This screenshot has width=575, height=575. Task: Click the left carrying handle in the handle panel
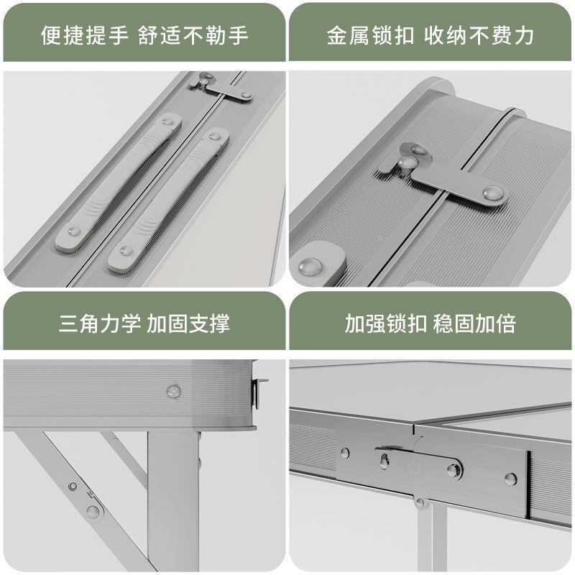(x=119, y=183)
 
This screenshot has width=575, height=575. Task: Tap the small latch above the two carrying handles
(x=220, y=88)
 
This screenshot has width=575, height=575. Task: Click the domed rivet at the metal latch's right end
(x=492, y=193)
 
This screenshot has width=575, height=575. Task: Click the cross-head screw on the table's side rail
(x=173, y=391)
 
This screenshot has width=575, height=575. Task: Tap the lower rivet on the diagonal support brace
(x=93, y=511)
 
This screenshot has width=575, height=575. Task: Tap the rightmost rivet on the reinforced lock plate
(x=510, y=478)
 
